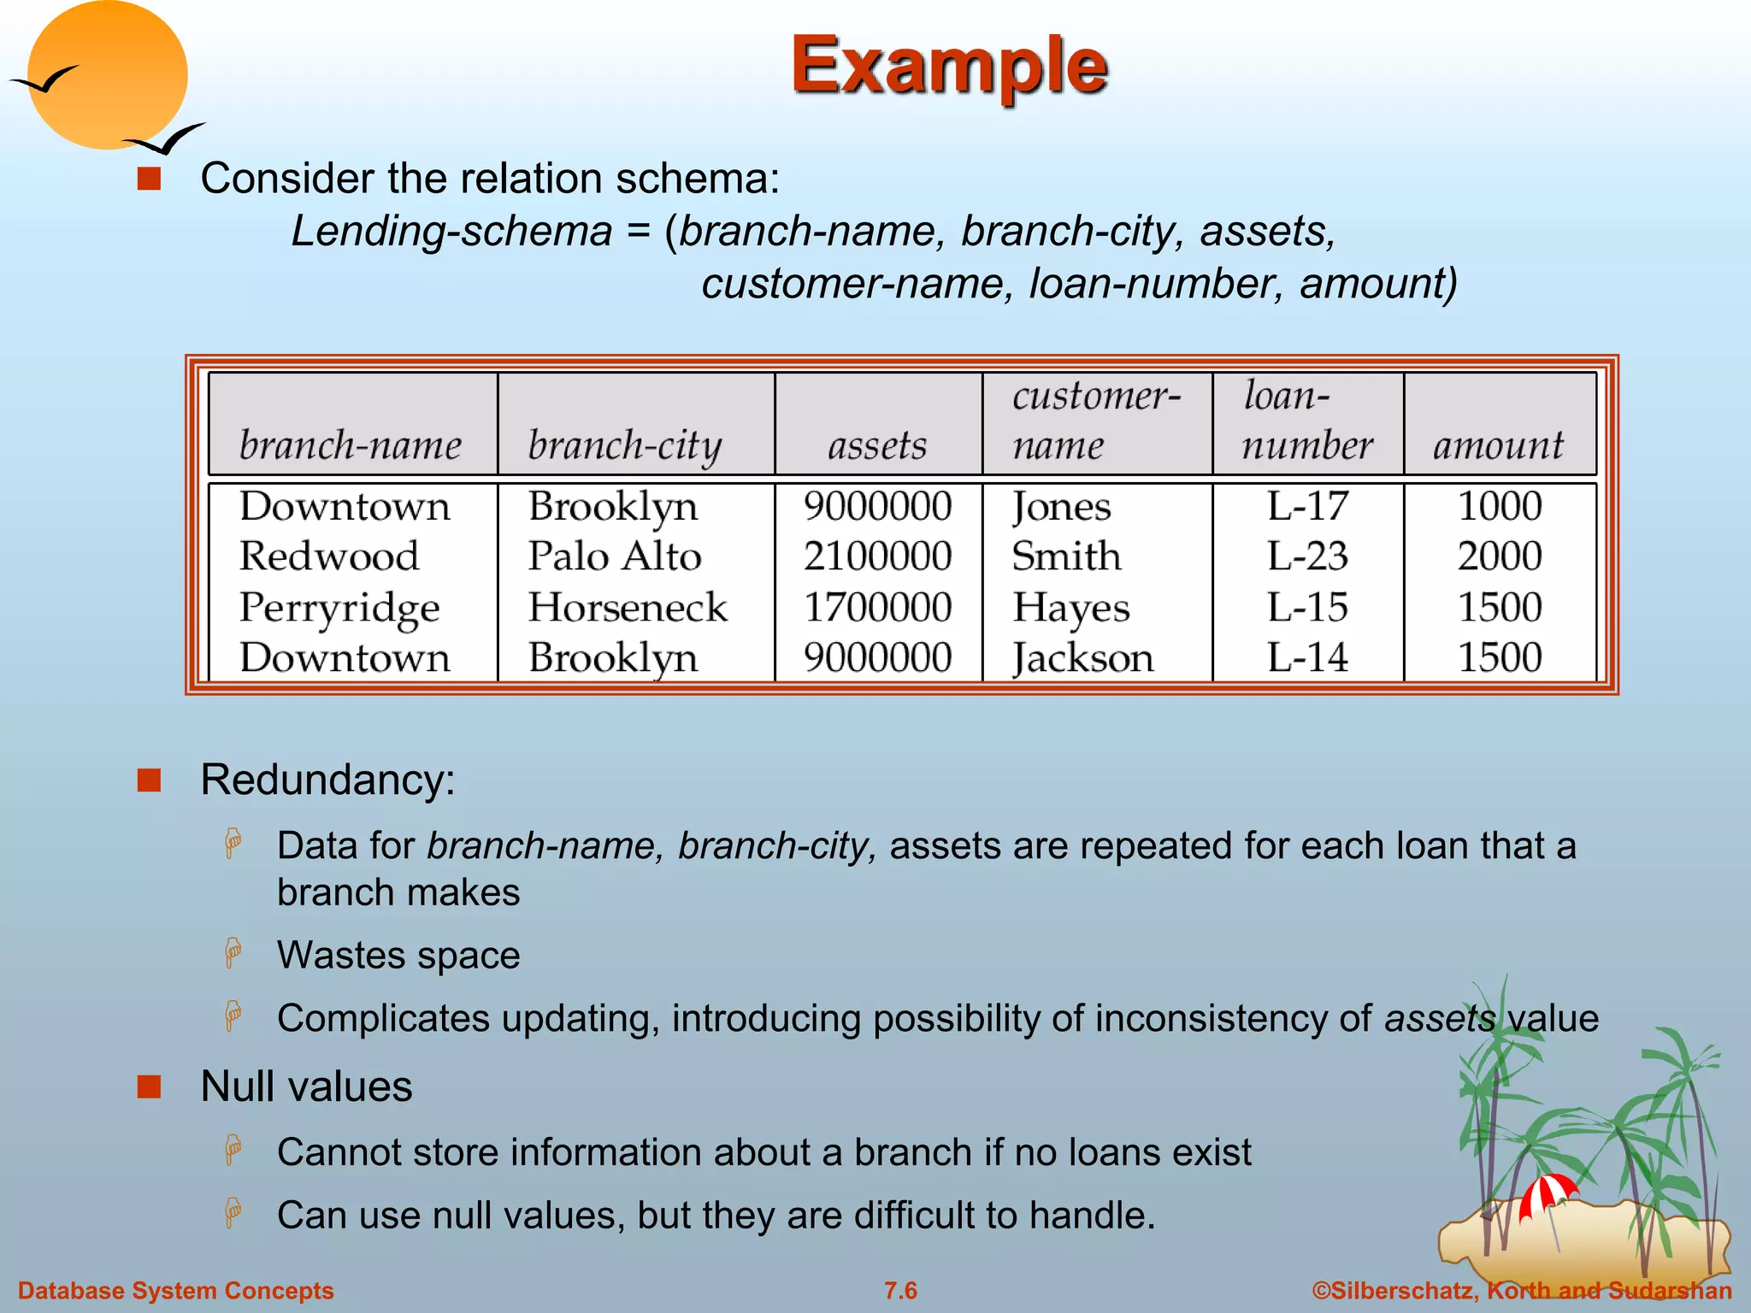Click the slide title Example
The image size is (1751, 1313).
[949, 66]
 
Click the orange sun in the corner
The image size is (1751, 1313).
[107, 74]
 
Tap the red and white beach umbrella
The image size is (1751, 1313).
[1547, 1193]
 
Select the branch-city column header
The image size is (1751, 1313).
[625, 445]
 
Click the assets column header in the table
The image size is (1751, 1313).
[877, 445]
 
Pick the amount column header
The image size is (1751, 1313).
[1498, 445]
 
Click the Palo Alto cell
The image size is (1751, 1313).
[615, 556]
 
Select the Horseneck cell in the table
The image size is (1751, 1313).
[628, 608]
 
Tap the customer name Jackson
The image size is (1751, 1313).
[1082, 659]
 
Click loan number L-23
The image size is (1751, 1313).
[1307, 556]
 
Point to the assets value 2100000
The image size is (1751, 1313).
[877, 556]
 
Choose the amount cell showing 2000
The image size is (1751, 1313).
[1500, 556]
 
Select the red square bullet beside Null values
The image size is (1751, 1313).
[150, 1086]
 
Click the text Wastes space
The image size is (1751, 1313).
[398, 955]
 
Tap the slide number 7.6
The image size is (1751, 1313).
[900, 1291]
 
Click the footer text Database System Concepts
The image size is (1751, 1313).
[176, 1291]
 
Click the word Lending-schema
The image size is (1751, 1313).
[451, 232]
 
